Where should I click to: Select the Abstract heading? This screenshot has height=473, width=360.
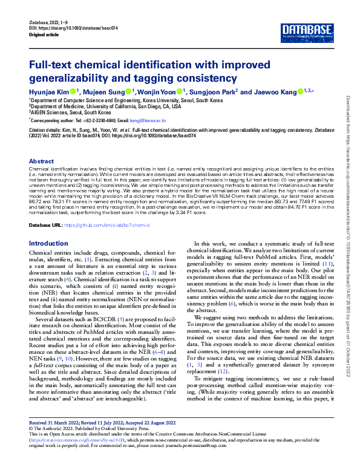pyautogui.click(x=41, y=161)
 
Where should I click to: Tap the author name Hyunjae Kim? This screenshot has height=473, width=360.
pyautogui.click(x=50, y=91)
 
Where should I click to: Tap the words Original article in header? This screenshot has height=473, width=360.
pyautogui.click(x=46, y=34)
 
